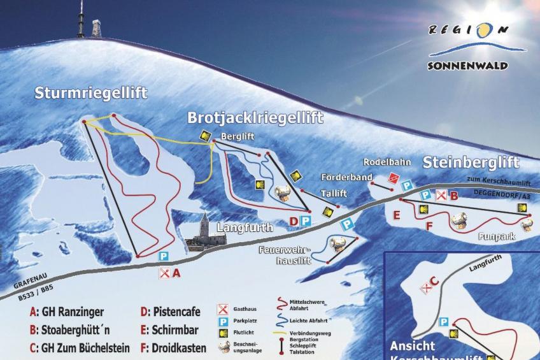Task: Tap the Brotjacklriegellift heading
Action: [255, 118]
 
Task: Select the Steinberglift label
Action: [471, 162]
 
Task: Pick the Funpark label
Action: [494, 236]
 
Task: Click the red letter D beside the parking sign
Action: [294, 221]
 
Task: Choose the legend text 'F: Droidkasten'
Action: [173, 348]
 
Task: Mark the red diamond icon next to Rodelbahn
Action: [394, 178]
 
